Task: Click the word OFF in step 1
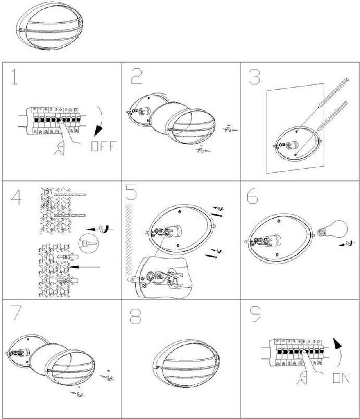pyautogui.click(x=103, y=146)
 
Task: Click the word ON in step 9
pyautogui.click(x=341, y=378)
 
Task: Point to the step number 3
pyautogui.click(x=254, y=77)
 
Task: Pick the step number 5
pyautogui.click(x=131, y=192)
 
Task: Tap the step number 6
pyautogui.click(x=253, y=196)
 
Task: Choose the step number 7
pyautogui.click(x=16, y=313)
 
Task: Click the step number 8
pyautogui.click(x=136, y=316)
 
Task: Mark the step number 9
pyautogui.click(x=256, y=314)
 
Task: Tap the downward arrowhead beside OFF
pyautogui.click(x=98, y=130)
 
